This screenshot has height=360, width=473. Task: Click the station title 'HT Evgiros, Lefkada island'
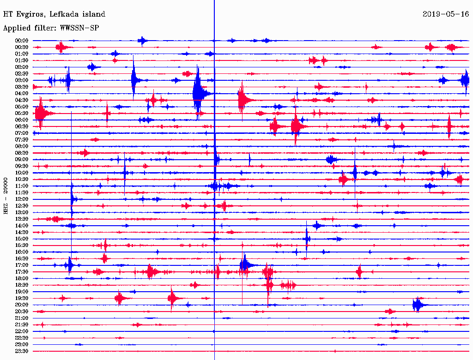54,14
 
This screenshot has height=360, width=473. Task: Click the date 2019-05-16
446,14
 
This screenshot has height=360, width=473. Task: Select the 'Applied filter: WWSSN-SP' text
51,28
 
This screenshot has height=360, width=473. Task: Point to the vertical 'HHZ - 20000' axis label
6,195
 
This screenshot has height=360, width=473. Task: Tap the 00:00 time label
22,41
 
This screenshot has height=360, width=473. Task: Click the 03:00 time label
22,80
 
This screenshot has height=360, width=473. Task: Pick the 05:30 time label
22,113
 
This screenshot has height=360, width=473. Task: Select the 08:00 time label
22,146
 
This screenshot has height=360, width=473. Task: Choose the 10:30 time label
22,179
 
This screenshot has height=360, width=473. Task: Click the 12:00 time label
22,199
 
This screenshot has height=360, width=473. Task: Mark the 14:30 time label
22,232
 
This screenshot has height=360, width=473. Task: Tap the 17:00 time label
22,265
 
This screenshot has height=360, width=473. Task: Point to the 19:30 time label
22,298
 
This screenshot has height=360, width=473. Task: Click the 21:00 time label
22,318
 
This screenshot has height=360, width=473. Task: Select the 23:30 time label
22,351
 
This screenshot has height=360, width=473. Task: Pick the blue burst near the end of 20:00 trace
418,305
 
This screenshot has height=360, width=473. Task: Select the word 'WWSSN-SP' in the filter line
79,28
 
